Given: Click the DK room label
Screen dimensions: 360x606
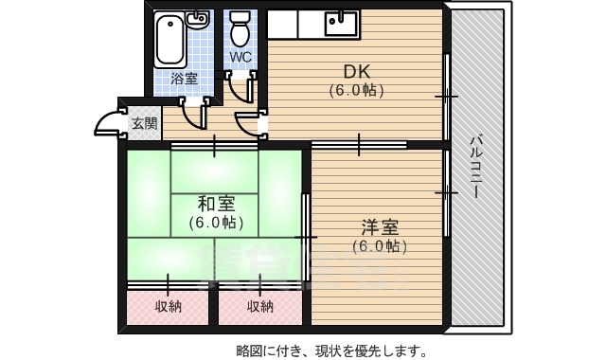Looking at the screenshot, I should click(x=355, y=70).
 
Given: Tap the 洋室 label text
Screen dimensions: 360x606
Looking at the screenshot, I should click(x=379, y=227).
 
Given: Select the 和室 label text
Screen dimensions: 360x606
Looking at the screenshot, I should click(x=216, y=204).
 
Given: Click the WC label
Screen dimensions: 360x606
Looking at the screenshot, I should click(x=241, y=57).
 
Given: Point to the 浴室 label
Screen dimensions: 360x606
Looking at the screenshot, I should click(x=185, y=78).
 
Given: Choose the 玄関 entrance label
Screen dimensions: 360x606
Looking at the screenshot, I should click(x=144, y=123).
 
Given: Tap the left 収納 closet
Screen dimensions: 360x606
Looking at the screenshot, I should click(x=169, y=306).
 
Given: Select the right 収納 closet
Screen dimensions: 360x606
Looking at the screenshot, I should click(x=260, y=306).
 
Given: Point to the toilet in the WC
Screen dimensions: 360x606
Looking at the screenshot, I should click(x=241, y=29).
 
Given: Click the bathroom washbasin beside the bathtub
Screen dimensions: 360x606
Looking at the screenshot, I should click(x=198, y=19).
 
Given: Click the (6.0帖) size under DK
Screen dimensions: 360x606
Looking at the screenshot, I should click(x=356, y=91).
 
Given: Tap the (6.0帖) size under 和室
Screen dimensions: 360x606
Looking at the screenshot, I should click(x=216, y=224).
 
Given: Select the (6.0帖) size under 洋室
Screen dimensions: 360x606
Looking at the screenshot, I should click(x=379, y=247).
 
